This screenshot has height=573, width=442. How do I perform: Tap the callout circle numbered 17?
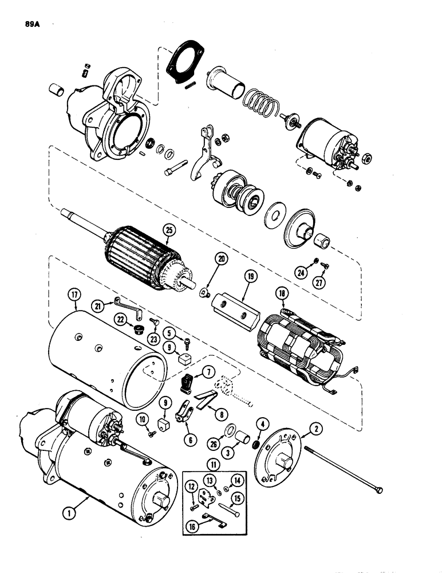[73, 296]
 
